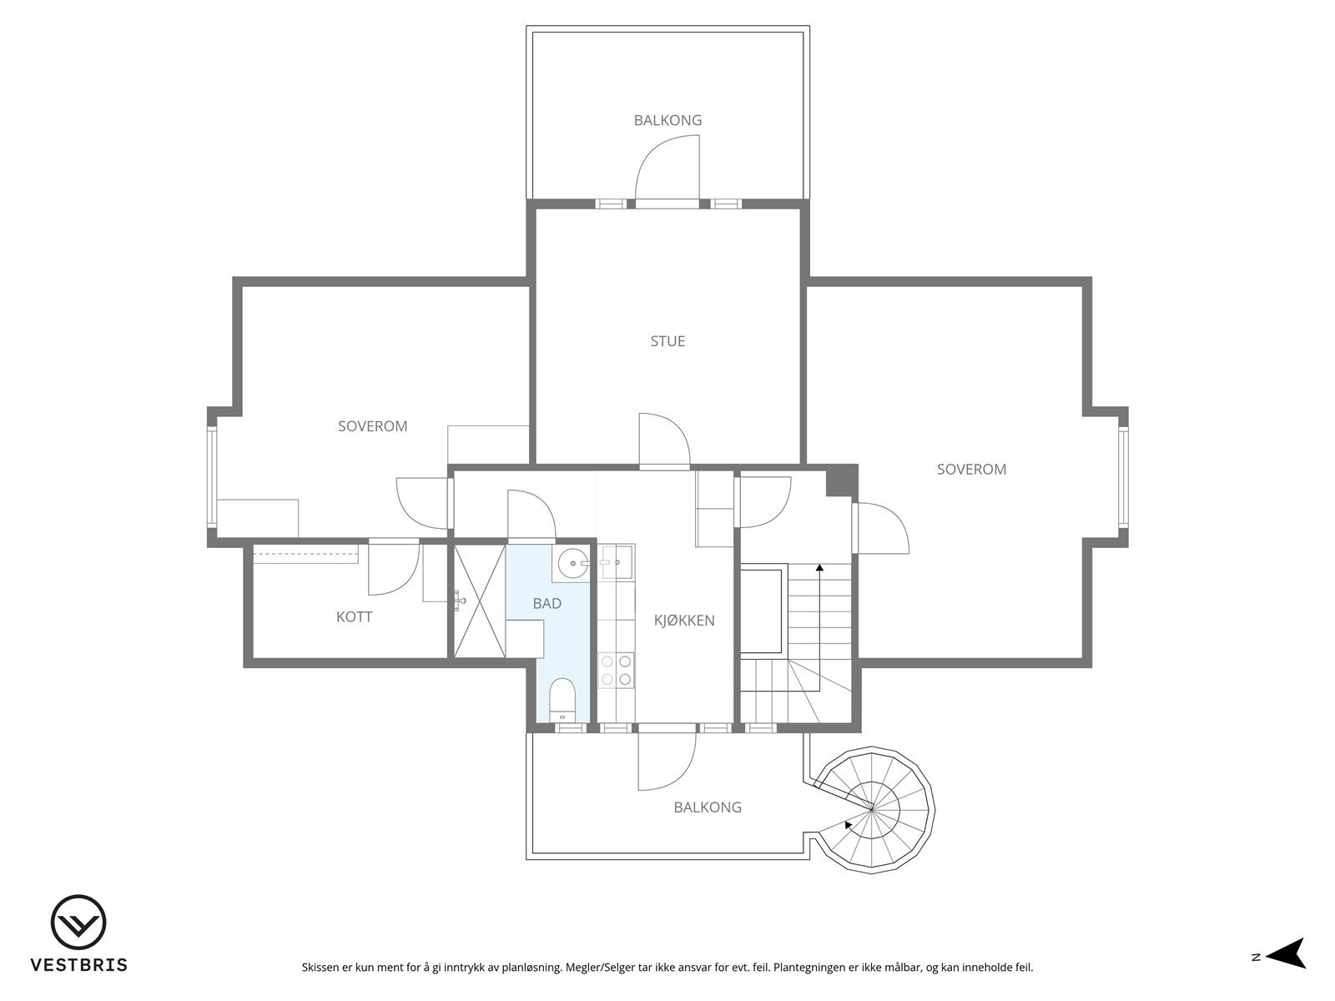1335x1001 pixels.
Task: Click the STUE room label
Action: coord(667,341)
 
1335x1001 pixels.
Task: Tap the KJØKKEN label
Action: coord(684,621)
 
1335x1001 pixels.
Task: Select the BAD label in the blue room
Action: coord(547,603)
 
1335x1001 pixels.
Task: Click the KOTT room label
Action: coord(354,617)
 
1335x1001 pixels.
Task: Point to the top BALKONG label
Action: coord(667,120)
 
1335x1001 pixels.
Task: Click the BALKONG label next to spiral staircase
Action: coord(708,807)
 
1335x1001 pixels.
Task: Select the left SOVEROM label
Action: coord(372,426)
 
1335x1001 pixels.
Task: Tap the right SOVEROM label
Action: coord(971,470)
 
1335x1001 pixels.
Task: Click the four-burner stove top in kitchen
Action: coord(616,671)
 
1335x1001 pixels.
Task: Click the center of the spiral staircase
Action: coord(873,807)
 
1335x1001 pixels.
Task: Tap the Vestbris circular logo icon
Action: coord(78,923)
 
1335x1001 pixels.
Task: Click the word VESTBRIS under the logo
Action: coord(78,965)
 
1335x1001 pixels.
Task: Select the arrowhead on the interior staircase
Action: coord(819,567)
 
